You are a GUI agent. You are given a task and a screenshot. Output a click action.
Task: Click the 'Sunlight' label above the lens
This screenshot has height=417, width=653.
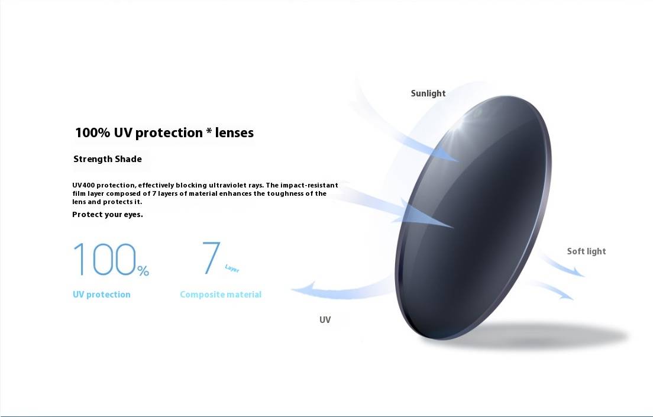[428, 93]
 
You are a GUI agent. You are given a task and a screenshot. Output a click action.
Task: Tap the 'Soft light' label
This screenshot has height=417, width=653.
[586, 251]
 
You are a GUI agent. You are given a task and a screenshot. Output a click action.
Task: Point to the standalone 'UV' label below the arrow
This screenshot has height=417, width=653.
[325, 319]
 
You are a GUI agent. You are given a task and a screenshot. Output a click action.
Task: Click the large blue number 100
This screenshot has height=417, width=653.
[105, 260]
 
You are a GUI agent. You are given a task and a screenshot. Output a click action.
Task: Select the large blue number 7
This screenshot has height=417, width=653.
[211, 257]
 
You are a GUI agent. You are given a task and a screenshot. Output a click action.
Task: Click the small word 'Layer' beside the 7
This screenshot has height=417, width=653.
[232, 269]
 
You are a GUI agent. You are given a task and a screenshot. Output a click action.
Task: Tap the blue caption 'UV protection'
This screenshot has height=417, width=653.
[102, 295]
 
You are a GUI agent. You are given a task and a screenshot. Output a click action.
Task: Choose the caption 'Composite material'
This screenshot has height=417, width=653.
[221, 295]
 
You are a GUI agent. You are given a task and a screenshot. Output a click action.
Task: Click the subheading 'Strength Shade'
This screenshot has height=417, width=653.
[108, 159]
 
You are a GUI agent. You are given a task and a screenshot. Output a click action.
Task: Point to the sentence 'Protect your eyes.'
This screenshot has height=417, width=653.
[108, 215]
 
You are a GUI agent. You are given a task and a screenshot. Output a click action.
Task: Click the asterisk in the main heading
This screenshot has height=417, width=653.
[209, 131]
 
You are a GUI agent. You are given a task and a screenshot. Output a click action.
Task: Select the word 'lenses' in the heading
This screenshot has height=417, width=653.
[234, 132]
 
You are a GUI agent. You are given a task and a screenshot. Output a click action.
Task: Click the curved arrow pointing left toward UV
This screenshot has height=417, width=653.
[341, 291]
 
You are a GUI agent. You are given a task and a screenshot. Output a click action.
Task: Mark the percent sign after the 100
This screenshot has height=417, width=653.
[143, 271]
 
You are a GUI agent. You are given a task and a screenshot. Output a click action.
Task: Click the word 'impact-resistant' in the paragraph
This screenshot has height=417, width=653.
[309, 185]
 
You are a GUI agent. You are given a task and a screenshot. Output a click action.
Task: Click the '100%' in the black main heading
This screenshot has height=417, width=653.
[92, 132]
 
